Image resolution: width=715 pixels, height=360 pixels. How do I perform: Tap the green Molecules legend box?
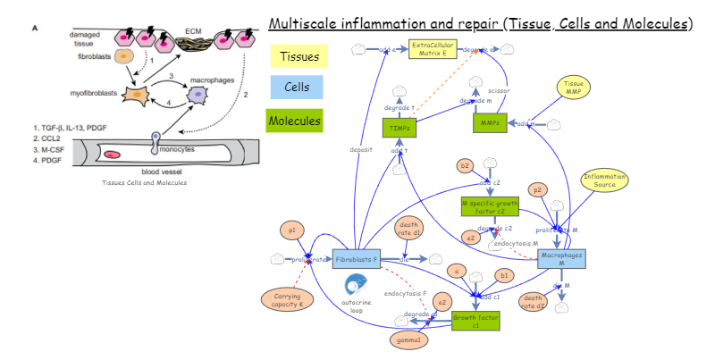coord(295,119)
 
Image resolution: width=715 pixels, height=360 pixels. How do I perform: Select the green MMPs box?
coord(489,122)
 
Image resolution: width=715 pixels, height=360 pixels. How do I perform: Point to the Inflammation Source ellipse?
coord(605,180)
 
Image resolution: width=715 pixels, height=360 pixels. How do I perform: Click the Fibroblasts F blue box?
coord(357,259)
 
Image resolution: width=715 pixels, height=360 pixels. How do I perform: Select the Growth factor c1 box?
coord(475,321)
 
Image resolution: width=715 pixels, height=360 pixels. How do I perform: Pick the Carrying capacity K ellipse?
coord(287,299)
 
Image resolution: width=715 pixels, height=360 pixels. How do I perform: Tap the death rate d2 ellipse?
coord(534,301)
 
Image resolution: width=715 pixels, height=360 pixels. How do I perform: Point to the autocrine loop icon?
coord(355,287)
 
